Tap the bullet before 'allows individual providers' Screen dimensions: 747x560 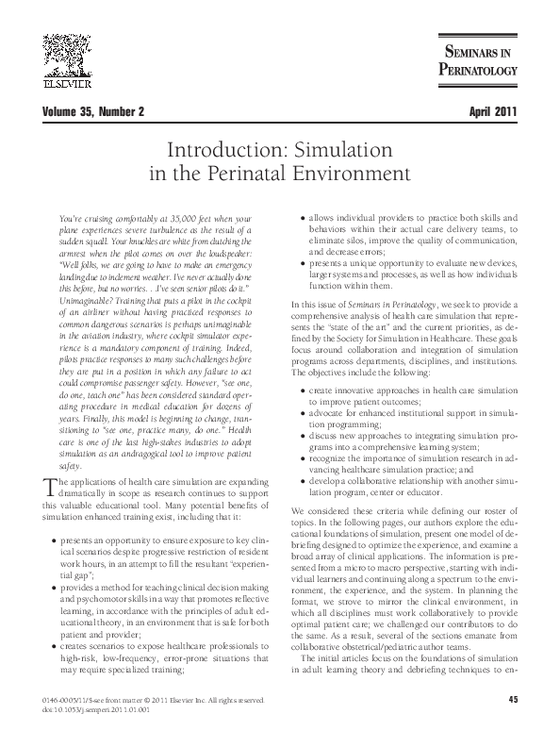tap(300, 219)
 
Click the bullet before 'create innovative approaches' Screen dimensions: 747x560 tap(300, 414)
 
